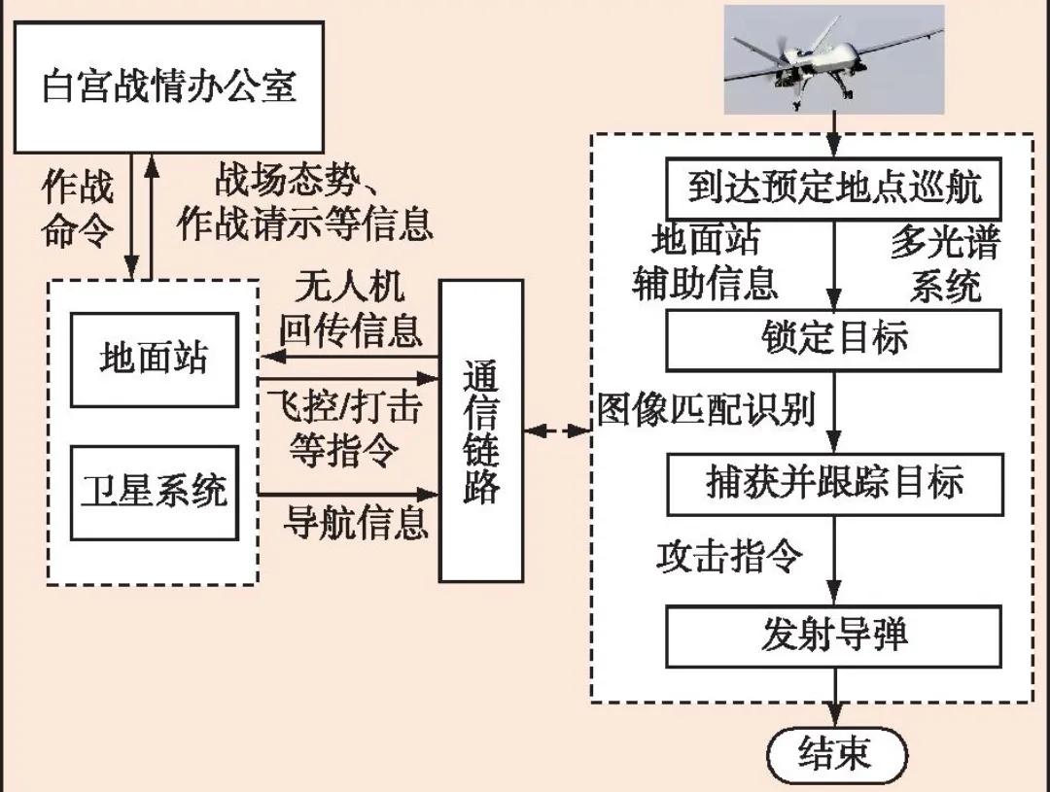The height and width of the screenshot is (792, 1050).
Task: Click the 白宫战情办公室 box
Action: (x=170, y=86)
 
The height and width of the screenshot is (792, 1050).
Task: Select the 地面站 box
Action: (x=155, y=359)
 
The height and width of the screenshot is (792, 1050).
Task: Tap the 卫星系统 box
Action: (x=155, y=492)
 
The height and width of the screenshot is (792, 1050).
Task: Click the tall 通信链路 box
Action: (x=480, y=430)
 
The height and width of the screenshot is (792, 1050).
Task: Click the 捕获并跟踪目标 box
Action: (x=833, y=483)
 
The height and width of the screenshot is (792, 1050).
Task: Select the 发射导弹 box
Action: (x=833, y=635)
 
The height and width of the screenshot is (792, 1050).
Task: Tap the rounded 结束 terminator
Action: (x=835, y=754)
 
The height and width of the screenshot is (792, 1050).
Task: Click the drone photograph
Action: (x=834, y=58)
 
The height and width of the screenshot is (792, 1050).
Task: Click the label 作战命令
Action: (x=78, y=208)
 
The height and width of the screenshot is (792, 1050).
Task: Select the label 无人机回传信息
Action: (x=351, y=310)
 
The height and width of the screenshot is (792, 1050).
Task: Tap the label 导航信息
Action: (x=356, y=524)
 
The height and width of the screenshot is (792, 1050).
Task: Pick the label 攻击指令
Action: (x=729, y=557)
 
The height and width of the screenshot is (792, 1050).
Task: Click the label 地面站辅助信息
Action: (x=706, y=262)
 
